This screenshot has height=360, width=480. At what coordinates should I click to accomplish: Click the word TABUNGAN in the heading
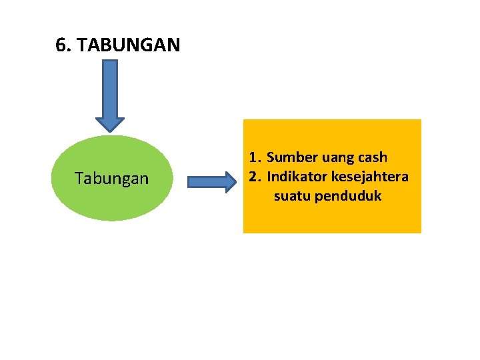coord(129,45)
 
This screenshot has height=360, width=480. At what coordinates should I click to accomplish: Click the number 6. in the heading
coord(64,45)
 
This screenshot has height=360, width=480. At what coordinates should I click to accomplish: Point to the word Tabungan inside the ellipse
coord(111,179)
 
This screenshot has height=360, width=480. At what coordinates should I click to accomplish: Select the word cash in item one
coord(372,158)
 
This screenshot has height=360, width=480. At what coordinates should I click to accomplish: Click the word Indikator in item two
coord(297,177)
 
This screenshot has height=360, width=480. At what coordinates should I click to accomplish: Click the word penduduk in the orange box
coord(348,197)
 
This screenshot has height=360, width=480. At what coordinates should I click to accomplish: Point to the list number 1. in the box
coord(255,158)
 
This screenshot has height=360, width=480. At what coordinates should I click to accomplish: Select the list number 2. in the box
coord(255,177)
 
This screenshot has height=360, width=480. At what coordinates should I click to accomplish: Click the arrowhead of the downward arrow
coord(110,124)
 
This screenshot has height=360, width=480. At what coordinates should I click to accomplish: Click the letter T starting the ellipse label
coord(79,178)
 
